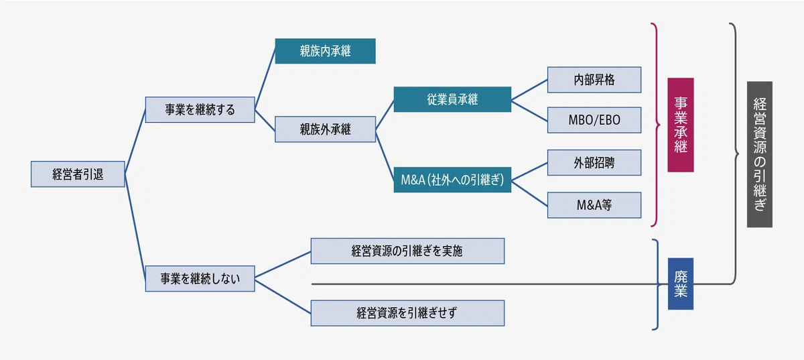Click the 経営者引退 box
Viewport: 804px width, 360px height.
click(78, 174)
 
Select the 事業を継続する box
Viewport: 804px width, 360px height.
click(200, 109)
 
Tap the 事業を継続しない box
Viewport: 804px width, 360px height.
click(200, 278)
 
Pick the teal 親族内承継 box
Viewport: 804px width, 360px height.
click(325, 51)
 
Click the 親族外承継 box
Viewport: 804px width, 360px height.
click(325, 129)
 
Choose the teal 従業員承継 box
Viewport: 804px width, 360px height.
click(452, 99)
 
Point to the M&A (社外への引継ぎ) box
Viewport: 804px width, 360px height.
click(452, 180)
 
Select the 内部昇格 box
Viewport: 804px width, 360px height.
click(594, 80)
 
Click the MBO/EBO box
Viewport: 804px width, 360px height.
click(594, 120)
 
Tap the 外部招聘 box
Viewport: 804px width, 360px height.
click(594, 163)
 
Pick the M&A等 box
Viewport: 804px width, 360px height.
click(594, 205)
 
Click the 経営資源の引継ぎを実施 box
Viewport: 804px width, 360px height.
click(407, 251)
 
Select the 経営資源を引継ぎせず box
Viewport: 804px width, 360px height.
click(407, 313)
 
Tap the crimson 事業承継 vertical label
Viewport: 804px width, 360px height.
click(681, 125)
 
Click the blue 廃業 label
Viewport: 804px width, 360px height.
click(681, 284)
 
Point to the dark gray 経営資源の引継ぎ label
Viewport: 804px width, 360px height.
click(760, 154)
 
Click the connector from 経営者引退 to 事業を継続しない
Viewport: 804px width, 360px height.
click(135, 227)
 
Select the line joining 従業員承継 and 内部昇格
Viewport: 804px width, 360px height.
click(529, 89)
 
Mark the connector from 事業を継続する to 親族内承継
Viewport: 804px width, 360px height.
click(265, 80)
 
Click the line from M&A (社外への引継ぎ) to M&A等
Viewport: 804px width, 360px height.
click(529, 193)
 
